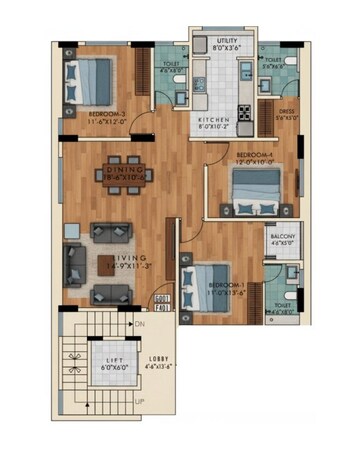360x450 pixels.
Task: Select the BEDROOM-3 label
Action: (106, 115)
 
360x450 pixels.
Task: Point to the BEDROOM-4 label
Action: (251, 155)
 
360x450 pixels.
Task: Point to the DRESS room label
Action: (286, 112)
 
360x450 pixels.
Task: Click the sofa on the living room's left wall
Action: (76, 266)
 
